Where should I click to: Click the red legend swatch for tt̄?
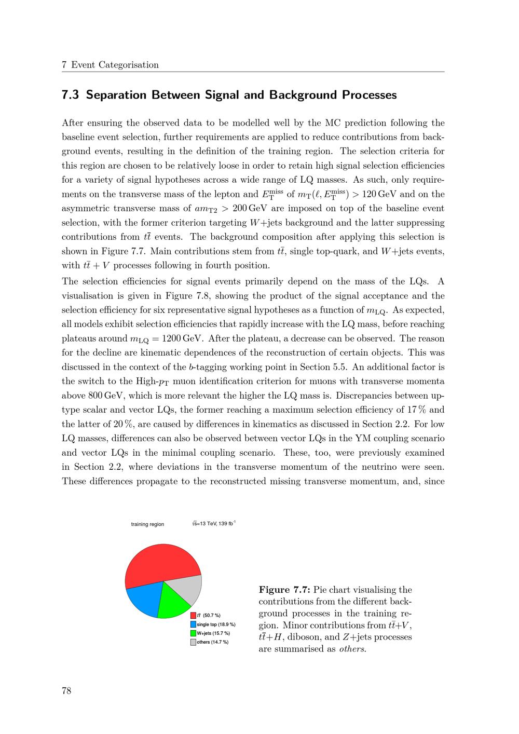coord(193,616)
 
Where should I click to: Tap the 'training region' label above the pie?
coord(147,524)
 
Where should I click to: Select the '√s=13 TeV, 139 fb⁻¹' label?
coord(214,523)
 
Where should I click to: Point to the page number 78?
coord(66,690)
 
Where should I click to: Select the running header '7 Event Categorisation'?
coord(110,65)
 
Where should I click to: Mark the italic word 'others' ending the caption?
coord(351,649)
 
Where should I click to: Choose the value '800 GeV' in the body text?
coord(87,396)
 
